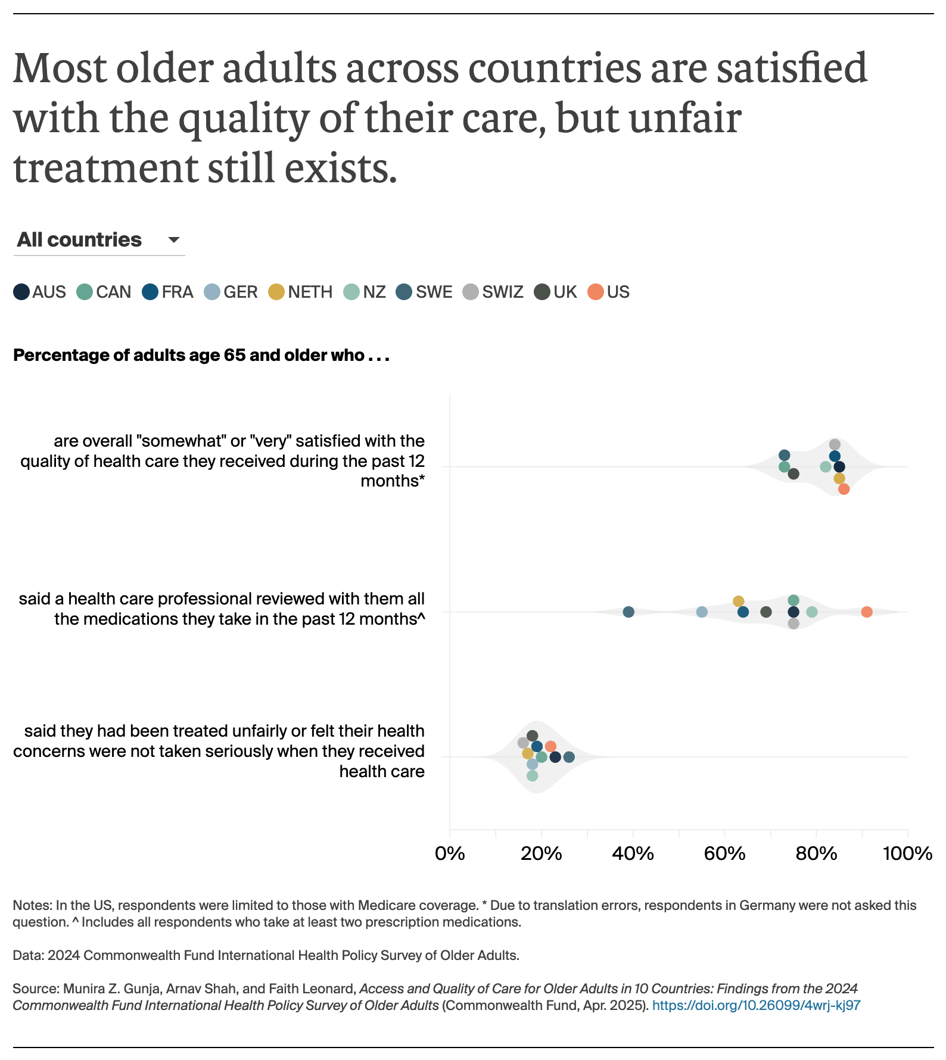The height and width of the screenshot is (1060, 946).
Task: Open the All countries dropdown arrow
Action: [x=173, y=240]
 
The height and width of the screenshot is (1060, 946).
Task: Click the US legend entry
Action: [x=608, y=292]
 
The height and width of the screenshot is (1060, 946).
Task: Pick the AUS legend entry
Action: [x=39, y=292]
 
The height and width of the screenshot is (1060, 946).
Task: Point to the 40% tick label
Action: [x=633, y=853]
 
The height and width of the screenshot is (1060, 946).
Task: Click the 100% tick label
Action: [x=907, y=853]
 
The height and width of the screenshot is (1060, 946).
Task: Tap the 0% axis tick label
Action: [x=450, y=853]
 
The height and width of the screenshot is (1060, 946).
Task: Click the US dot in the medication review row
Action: [x=867, y=612]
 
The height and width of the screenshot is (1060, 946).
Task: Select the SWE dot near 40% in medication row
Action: [x=628, y=612]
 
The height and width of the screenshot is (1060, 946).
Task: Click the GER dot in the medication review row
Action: [x=702, y=612]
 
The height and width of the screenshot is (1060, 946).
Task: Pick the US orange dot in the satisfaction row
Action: [x=844, y=489]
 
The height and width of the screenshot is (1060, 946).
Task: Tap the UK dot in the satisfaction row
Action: [x=793, y=474]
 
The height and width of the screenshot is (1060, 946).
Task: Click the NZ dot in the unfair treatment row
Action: [x=532, y=775]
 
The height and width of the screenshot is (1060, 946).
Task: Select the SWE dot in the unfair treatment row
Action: [x=569, y=757]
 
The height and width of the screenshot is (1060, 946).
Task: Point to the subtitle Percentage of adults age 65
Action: [x=201, y=356]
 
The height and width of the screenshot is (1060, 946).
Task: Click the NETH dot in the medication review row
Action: [x=739, y=601]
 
